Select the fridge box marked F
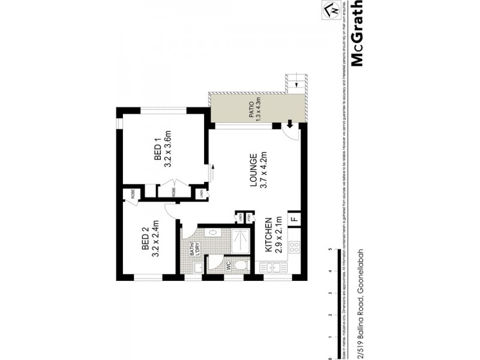pyautogui.click(x=295, y=219)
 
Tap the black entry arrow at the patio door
pyautogui.click(x=289, y=125)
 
